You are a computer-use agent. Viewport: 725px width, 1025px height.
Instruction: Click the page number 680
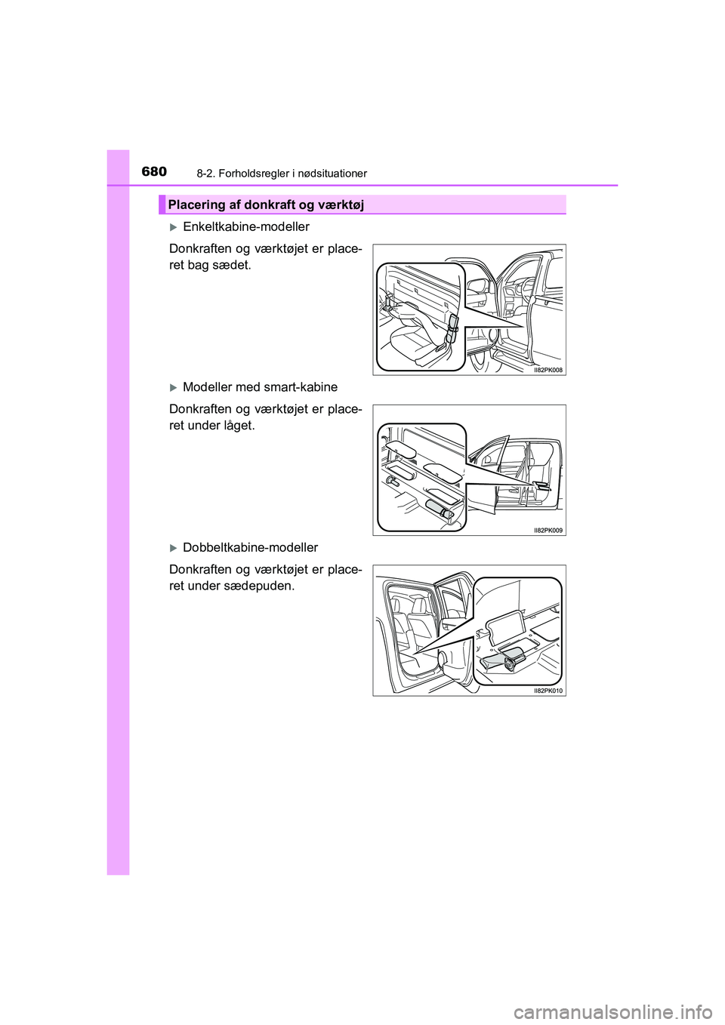pos(154,171)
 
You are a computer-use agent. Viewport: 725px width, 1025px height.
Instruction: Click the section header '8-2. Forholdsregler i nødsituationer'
pos(282,174)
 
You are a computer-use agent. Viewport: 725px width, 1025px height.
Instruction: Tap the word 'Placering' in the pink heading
pos(196,205)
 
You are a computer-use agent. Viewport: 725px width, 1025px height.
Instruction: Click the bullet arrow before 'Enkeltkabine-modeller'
pos(173,227)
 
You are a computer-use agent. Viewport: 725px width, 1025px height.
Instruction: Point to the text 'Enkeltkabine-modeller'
pos(246,226)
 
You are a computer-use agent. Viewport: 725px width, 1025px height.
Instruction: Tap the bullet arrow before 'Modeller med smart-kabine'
pos(173,388)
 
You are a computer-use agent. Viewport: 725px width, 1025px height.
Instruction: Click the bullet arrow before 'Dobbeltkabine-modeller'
pos(173,548)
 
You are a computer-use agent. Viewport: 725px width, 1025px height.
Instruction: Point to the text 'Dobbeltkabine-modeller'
pos(251,547)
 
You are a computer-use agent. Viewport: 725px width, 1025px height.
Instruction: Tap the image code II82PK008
pos(548,370)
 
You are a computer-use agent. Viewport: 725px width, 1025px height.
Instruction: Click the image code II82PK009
pos(548,531)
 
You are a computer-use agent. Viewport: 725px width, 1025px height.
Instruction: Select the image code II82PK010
pos(548,691)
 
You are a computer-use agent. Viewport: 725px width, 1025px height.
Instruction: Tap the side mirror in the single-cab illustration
pos(478,287)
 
